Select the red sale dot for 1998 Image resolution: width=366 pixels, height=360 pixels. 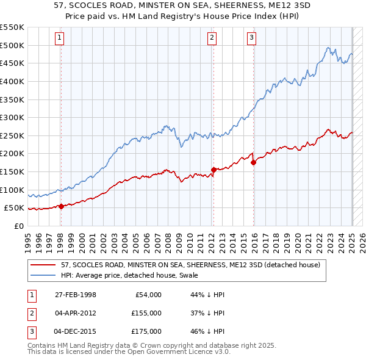point(61,206)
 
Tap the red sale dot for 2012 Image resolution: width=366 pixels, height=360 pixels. point(213,170)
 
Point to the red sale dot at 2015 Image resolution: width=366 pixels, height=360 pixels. point(253,162)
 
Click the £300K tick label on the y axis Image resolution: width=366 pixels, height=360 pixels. point(12,117)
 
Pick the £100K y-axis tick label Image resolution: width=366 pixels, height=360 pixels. point(12,190)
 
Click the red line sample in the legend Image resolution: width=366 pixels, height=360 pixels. point(44,264)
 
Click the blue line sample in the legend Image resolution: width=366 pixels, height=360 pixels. point(44,275)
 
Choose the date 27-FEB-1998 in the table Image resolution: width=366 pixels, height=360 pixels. point(75,295)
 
